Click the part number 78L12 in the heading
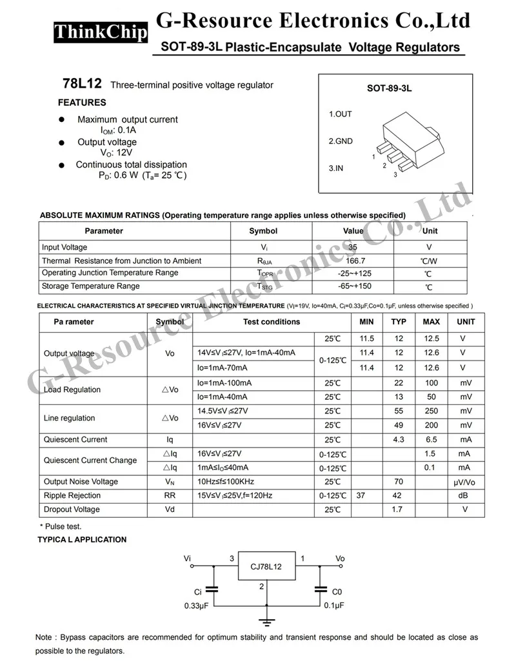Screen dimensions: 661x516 tap(82, 84)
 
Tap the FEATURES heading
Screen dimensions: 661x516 tap(82, 103)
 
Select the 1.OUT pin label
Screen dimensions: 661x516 tap(341, 114)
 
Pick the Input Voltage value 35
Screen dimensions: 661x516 tap(353, 247)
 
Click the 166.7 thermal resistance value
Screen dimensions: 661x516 tap(353, 261)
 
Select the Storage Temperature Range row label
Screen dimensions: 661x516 tap(90, 286)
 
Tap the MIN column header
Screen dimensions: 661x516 tap(366, 322)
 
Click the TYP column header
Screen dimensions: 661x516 tap(399, 322)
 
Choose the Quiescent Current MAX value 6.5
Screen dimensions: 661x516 tap(431, 440)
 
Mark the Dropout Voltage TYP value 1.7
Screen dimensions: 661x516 tap(399, 509)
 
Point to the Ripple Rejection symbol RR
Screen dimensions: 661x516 tap(170, 495)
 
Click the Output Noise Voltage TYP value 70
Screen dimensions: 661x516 tap(399, 482)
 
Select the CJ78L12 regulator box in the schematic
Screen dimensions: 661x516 tap(267, 567)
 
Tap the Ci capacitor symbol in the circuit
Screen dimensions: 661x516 tap(215, 589)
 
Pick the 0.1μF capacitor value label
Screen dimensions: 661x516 tap(333, 606)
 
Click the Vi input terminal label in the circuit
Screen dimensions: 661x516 tap(187, 558)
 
